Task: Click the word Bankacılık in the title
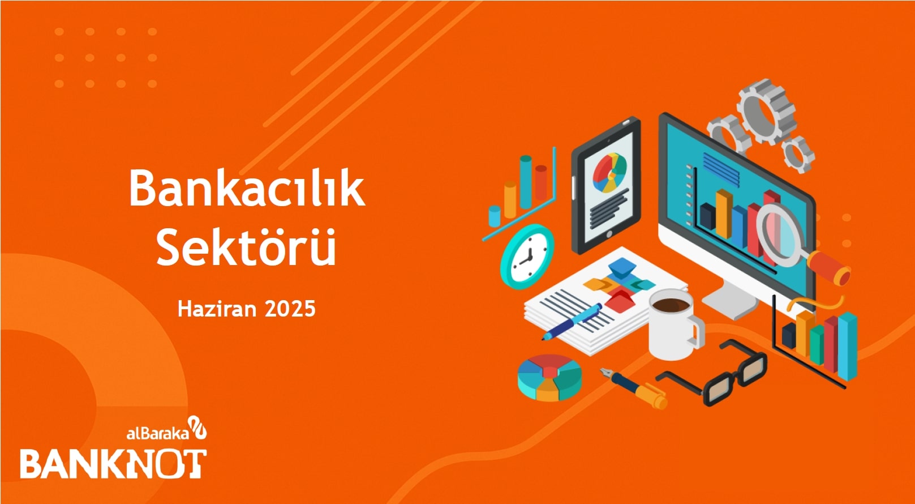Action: click(247, 188)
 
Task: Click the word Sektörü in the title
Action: click(246, 246)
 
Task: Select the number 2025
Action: click(290, 309)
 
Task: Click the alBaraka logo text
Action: click(158, 433)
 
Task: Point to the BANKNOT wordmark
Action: click(113, 464)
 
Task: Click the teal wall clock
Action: click(527, 257)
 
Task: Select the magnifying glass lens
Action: click(779, 236)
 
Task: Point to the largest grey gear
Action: click(766, 111)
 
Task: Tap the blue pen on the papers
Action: click(572, 321)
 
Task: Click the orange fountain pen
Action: click(634, 388)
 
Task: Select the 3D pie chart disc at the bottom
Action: click(549, 378)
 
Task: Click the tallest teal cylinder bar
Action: click(526, 182)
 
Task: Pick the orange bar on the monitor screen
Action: click(724, 214)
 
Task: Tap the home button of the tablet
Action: click(609, 234)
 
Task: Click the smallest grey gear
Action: click(798, 154)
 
